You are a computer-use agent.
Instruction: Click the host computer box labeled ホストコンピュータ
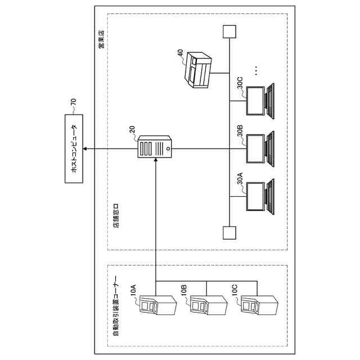73,148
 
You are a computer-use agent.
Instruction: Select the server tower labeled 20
154,148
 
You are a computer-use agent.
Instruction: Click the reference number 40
179,53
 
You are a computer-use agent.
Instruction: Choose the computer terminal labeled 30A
262,197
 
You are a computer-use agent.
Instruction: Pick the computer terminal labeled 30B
262,148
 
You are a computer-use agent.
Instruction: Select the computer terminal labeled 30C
262,101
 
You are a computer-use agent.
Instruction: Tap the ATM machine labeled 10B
205,307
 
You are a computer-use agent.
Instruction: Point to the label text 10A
133,291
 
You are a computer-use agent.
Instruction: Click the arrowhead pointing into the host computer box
86,148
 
